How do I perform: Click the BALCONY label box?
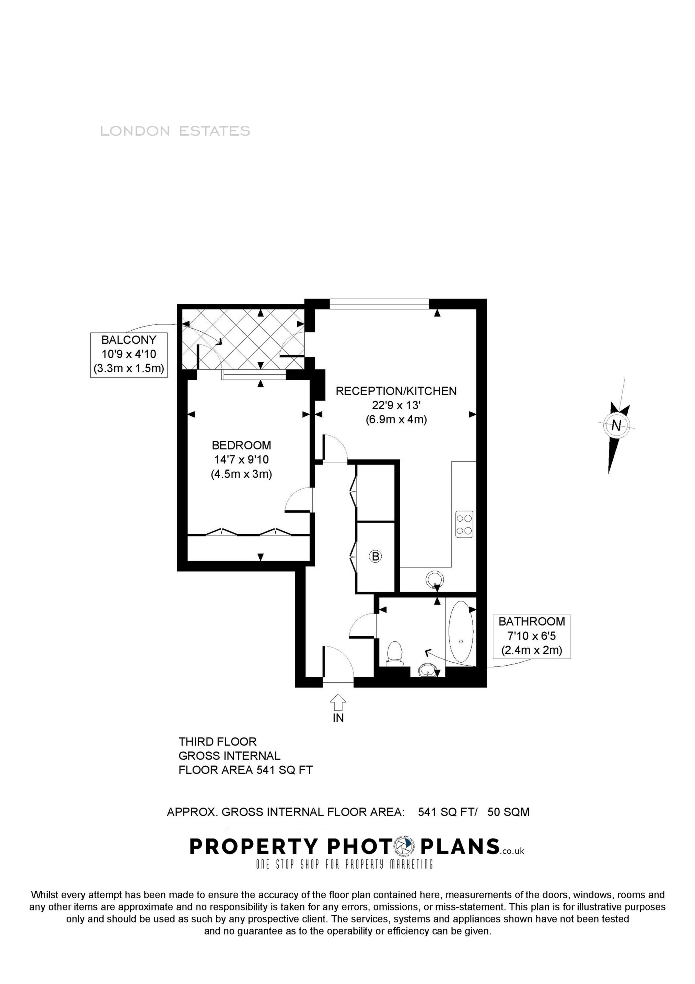coord(129,354)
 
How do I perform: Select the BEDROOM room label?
coord(241,445)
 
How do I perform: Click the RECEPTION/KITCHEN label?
coord(396,391)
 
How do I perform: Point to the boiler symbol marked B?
coord(375,557)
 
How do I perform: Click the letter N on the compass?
coord(616,426)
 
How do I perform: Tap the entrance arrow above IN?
coord(338,703)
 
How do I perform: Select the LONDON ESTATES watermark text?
coord(175,131)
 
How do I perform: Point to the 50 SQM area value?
coord(508,812)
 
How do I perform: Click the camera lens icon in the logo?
coord(403,846)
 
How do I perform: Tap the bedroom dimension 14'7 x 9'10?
coord(241,460)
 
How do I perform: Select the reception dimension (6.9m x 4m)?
coord(396,420)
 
